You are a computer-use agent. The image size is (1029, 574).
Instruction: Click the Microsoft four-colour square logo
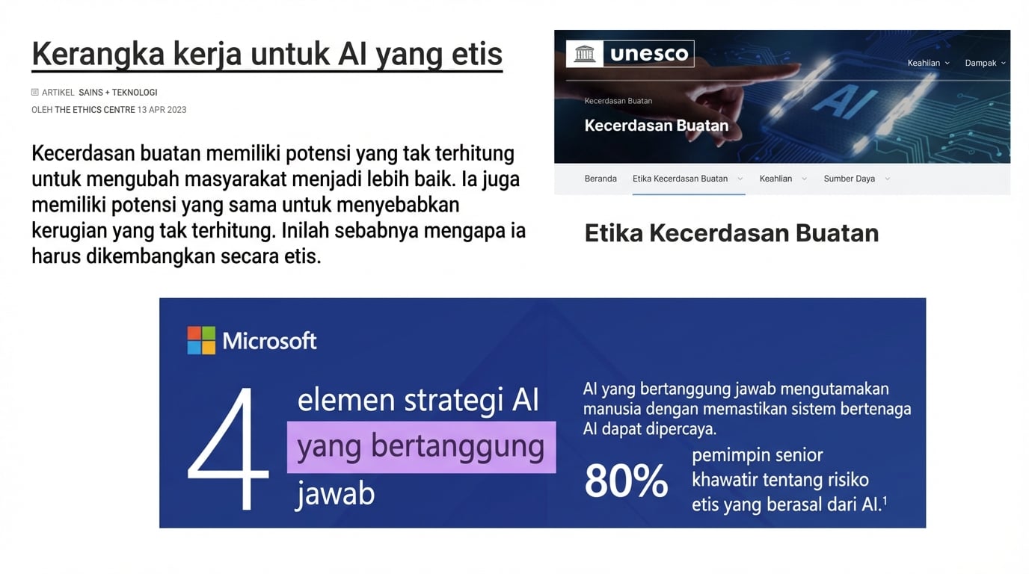tap(201, 341)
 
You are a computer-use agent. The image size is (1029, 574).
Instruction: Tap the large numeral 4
tap(228, 448)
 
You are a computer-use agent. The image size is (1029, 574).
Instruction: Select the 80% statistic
tap(626, 481)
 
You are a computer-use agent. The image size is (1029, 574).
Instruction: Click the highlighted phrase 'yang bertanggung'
tap(421, 447)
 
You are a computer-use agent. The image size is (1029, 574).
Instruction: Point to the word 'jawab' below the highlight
tap(335, 493)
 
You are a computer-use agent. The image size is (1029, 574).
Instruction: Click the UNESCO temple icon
tap(584, 54)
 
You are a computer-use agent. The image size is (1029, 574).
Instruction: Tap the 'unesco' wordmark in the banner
tap(649, 54)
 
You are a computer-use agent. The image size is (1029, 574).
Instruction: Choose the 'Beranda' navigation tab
tap(600, 179)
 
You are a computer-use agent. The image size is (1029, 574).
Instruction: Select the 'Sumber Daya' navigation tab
tap(850, 179)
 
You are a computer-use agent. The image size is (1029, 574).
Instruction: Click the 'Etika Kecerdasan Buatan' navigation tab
tap(680, 179)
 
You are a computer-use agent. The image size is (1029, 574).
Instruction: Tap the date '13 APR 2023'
tap(162, 110)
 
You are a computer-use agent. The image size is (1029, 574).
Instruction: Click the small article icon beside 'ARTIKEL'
tap(35, 93)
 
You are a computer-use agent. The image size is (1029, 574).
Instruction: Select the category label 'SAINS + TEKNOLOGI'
tap(118, 93)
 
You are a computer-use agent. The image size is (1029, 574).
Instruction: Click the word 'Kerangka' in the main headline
tap(97, 54)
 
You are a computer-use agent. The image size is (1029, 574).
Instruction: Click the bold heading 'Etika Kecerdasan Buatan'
tap(731, 233)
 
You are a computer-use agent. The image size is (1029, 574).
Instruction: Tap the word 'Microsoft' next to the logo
tap(269, 341)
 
